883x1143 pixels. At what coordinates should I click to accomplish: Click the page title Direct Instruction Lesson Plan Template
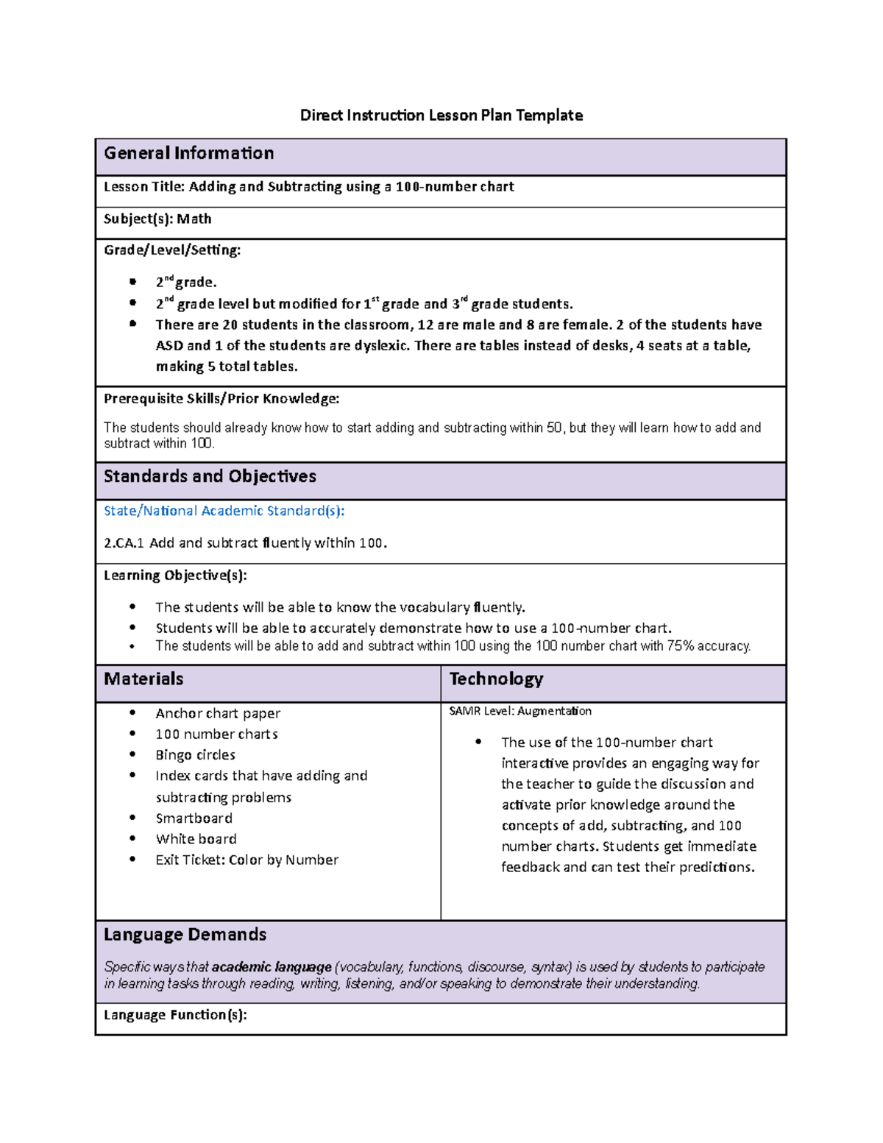441,115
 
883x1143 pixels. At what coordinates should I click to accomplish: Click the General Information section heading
188,153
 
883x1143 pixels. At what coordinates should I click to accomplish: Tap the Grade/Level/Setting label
171,250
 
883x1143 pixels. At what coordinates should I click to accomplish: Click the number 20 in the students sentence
230,325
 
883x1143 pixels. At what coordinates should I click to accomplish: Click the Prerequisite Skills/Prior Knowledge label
221,398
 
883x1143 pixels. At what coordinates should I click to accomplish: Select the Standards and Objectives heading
210,476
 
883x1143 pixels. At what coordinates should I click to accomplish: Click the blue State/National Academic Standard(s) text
224,511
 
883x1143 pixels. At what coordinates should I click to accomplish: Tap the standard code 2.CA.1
124,543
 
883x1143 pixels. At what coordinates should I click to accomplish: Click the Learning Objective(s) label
175,575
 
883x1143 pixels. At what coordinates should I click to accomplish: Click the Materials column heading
143,679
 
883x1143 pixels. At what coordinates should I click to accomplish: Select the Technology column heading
496,679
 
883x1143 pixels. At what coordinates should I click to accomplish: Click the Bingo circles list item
195,754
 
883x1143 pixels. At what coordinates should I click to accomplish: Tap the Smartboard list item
194,818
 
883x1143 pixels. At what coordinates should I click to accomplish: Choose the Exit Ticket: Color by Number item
247,860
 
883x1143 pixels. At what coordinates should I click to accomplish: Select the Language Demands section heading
185,934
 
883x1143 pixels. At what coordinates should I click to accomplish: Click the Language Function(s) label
175,1015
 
